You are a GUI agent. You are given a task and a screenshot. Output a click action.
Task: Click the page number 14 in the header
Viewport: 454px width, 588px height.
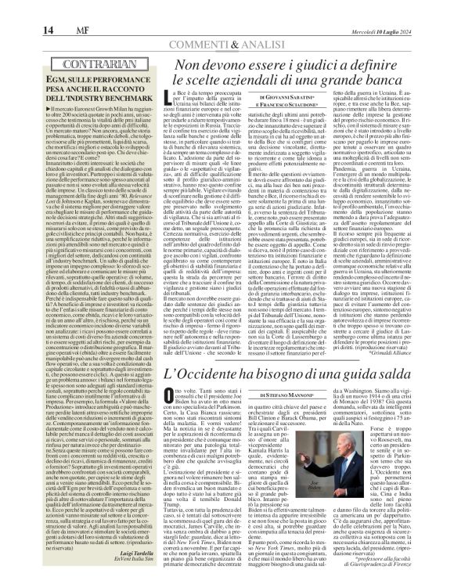pos(14,9)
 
